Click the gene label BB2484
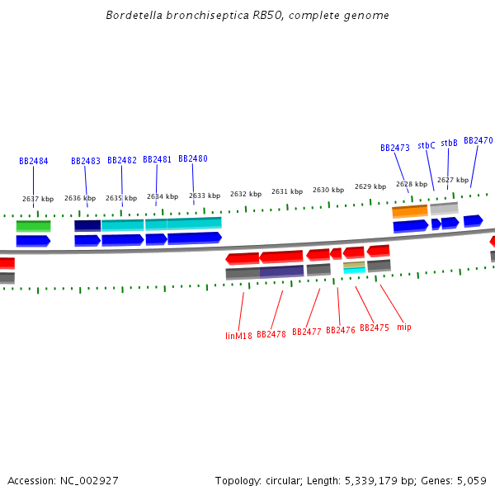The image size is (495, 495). click(33, 162)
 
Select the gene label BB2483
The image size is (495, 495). click(86, 162)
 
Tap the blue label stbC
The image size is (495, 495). click(427, 145)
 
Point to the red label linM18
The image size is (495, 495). click(238, 336)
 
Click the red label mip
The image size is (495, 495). click(403, 328)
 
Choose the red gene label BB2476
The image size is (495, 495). click(340, 330)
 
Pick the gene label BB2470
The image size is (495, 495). click(478, 141)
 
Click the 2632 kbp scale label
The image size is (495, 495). click(246, 194)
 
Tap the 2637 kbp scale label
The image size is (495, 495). click(38, 199)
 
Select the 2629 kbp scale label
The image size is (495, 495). click(370, 186)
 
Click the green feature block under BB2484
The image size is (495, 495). click(33, 225)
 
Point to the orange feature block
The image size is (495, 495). click(410, 211)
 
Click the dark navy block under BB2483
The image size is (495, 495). click(87, 224)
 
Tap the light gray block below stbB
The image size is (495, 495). click(444, 208)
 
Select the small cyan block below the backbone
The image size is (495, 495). click(354, 270)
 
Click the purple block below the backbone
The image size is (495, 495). click(282, 271)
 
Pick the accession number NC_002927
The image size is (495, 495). click(89, 480)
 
